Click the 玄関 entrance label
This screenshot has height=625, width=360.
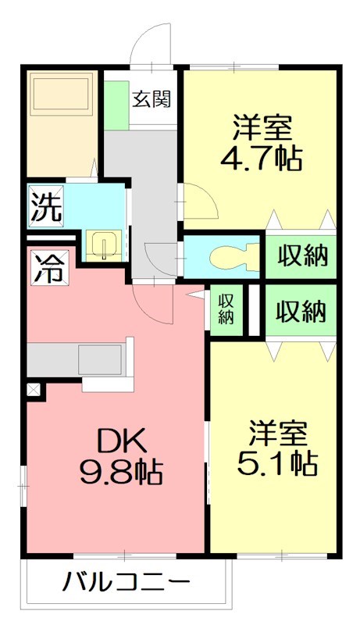tap(151, 99)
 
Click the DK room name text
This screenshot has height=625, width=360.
tap(122, 443)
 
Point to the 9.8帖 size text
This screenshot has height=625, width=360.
tap(121, 473)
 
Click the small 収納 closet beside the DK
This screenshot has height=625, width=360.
tap(226, 308)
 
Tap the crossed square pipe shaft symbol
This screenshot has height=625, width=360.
tap(33, 388)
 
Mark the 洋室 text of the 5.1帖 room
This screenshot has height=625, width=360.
tap(277, 433)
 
